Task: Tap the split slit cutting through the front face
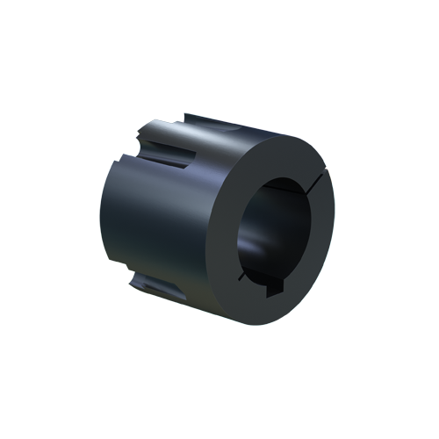(320, 182)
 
